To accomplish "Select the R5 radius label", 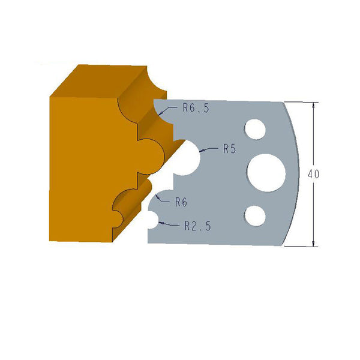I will click(229, 149).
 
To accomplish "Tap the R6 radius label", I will click(181, 202).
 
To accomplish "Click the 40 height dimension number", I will click(313, 174).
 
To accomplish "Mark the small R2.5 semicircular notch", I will click(151, 221).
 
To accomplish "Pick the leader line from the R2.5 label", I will click(170, 225).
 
